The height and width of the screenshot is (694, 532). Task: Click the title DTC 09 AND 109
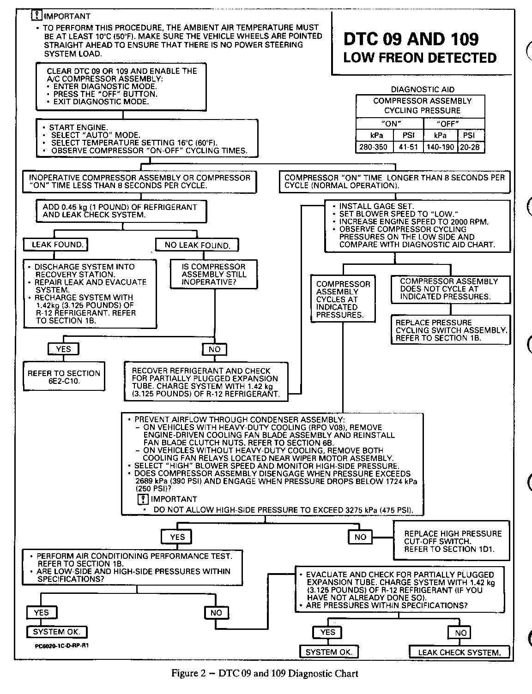point(411,39)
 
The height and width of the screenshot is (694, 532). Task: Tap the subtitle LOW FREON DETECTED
point(420,58)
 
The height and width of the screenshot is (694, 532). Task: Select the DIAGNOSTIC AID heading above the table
point(422,90)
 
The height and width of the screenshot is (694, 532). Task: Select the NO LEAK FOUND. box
point(197,245)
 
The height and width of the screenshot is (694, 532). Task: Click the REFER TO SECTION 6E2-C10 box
point(64,377)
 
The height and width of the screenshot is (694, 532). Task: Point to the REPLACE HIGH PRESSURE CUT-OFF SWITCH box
point(452,541)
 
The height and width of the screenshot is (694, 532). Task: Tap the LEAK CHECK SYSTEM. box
point(459,652)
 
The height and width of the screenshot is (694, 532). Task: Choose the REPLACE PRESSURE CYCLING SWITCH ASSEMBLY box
point(451,330)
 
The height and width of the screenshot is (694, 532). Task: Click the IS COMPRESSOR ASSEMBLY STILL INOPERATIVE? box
point(214,274)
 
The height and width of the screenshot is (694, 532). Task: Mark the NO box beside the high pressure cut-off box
point(360,537)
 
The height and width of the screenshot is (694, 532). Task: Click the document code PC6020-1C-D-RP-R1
point(61,646)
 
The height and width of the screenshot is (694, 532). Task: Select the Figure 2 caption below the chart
point(265,673)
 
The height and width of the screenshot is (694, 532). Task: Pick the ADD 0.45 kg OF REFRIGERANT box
point(121,211)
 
